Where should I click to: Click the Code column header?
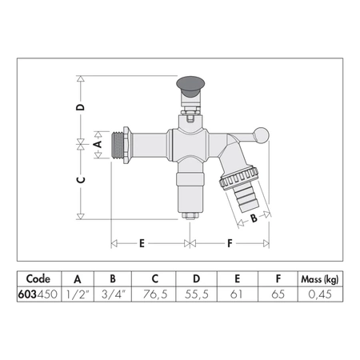(38, 278)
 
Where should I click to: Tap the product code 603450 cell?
(38, 294)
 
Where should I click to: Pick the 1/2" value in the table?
(78, 294)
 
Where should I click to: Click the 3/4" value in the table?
(114, 294)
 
